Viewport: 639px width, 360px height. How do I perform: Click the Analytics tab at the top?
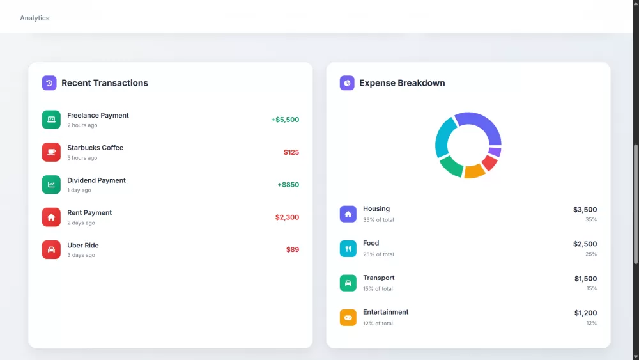pyautogui.click(x=35, y=18)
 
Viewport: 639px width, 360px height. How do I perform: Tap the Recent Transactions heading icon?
pyautogui.click(x=49, y=83)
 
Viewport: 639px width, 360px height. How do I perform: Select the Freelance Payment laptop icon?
pyautogui.click(x=51, y=120)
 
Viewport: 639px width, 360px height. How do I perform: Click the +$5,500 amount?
pyautogui.click(x=285, y=120)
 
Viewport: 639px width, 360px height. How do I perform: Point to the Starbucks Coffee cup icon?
pyautogui.click(x=51, y=152)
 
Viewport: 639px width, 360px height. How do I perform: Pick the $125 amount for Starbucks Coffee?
pyautogui.click(x=291, y=152)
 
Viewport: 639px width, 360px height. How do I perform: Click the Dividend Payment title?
pyautogui.click(x=96, y=180)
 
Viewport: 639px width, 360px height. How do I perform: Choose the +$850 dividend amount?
pyautogui.click(x=288, y=185)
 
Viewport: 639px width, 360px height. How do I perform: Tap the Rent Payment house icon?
pyautogui.click(x=51, y=217)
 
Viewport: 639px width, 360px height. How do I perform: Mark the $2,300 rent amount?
pyautogui.click(x=287, y=217)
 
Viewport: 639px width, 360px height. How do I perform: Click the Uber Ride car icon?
pyautogui.click(x=51, y=249)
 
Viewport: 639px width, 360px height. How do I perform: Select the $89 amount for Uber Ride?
pyautogui.click(x=293, y=249)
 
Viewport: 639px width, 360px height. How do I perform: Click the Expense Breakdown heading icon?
pyautogui.click(x=347, y=83)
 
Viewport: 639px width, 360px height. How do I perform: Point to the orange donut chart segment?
pyautogui.click(x=474, y=171)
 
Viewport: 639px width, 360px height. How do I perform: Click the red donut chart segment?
pyautogui.click(x=489, y=163)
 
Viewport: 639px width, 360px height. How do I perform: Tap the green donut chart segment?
pyautogui.click(x=451, y=166)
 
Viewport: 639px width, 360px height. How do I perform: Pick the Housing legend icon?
pyautogui.click(x=348, y=214)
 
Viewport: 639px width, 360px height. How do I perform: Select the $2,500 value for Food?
pyautogui.click(x=585, y=244)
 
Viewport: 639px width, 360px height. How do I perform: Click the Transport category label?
pyautogui.click(x=379, y=278)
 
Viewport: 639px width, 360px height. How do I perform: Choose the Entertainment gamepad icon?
pyautogui.click(x=348, y=318)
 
